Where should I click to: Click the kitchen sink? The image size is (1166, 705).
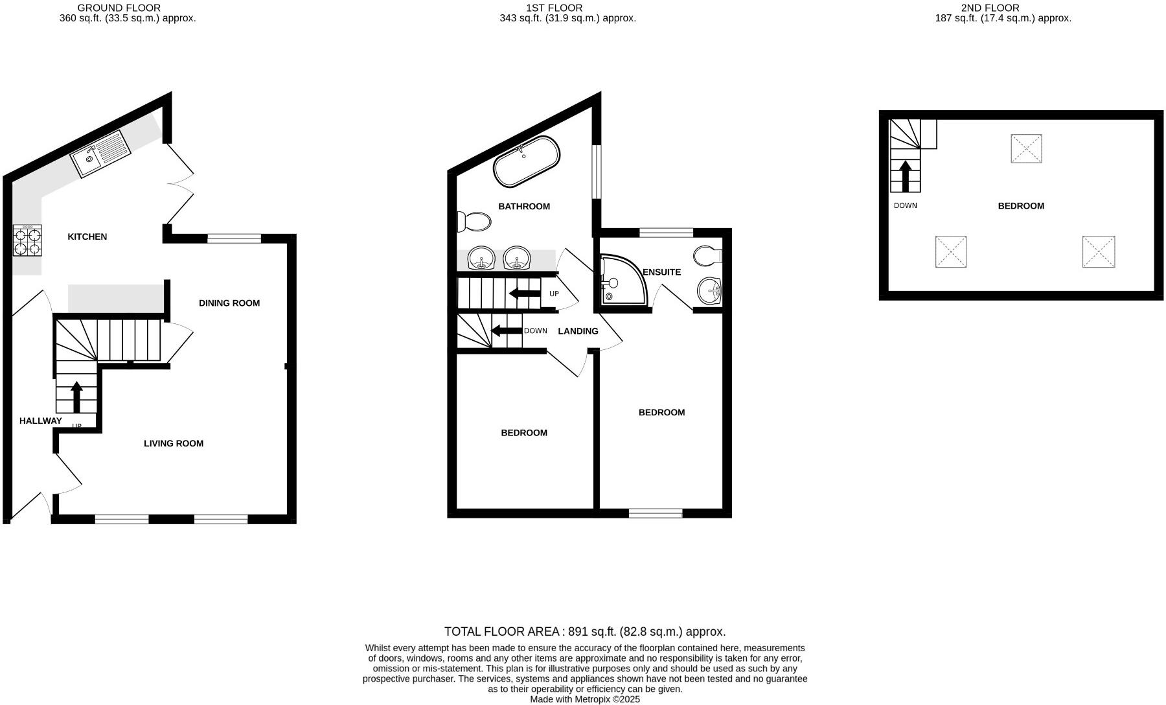(100, 153)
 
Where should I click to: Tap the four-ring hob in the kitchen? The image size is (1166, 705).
(27, 240)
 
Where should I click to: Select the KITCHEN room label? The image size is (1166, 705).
(87, 237)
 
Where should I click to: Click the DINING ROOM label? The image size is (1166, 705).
(229, 303)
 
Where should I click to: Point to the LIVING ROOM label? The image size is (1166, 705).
(174, 444)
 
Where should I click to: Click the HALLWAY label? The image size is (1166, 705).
(41, 421)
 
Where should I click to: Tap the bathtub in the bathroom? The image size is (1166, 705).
(527, 161)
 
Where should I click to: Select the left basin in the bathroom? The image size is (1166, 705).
(481, 258)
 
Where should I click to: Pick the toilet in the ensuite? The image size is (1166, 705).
(707, 257)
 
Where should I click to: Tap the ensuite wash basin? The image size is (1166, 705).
(709, 291)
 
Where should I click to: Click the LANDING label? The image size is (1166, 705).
(578, 331)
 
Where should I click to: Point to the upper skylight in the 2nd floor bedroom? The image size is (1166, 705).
(1026, 148)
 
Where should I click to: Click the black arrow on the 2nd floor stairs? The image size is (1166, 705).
(906, 176)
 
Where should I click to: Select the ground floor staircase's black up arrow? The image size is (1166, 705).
(76, 397)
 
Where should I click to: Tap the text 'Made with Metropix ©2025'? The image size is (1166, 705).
(585, 699)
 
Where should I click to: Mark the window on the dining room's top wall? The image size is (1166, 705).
(234, 238)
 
